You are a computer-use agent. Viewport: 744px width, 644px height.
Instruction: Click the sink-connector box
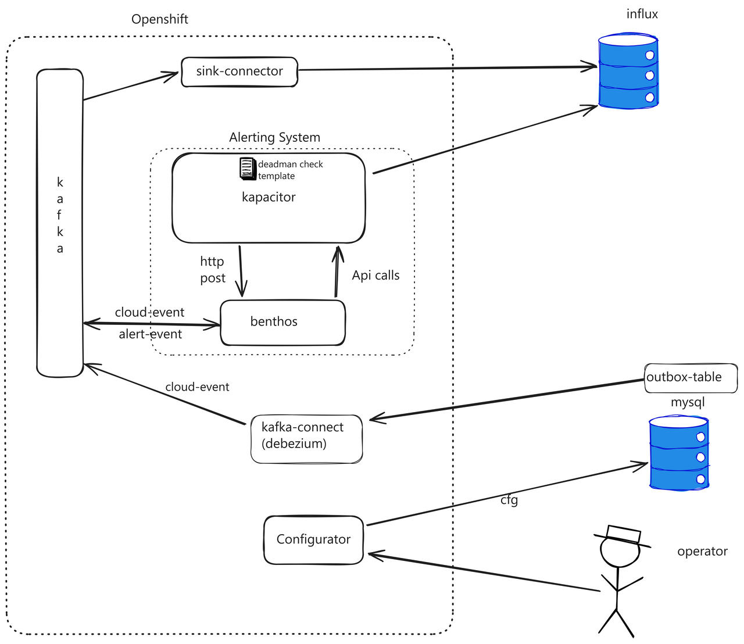click(x=239, y=71)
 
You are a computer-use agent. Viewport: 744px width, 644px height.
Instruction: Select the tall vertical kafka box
click(x=60, y=223)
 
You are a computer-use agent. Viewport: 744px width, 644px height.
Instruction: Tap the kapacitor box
click(x=269, y=209)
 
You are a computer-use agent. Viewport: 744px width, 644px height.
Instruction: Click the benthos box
click(x=282, y=323)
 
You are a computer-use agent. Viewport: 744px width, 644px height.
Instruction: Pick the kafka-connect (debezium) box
click(x=306, y=439)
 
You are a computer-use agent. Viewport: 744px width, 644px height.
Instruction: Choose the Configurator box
click(x=313, y=539)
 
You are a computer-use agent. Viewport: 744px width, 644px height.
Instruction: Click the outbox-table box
click(x=690, y=378)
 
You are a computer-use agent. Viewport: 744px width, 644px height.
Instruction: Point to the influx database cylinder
click(x=628, y=72)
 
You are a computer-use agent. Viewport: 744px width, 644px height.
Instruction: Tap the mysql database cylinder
click(x=678, y=453)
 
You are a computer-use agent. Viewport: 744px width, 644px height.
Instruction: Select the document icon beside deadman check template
click(x=248, y=169)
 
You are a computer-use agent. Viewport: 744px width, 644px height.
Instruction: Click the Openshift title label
click(x=160, y=19)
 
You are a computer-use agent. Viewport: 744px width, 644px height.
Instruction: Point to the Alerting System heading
click(x=274, y=138)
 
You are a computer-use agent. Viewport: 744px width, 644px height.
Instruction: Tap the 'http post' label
click(x=212, y=270)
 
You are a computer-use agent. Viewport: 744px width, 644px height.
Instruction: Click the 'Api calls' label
click(x=375, y=276)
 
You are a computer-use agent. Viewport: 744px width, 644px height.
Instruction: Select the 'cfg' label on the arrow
click(x=509, y=500)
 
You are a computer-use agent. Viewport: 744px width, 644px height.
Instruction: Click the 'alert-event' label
click(x=151, y=335)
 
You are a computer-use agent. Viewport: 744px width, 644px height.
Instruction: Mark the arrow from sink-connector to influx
click(x=448, y=69)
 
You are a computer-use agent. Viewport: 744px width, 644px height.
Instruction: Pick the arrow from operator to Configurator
click(x=482, y=573)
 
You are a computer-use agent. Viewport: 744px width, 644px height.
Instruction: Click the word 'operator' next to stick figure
click(x=702, y=552)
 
